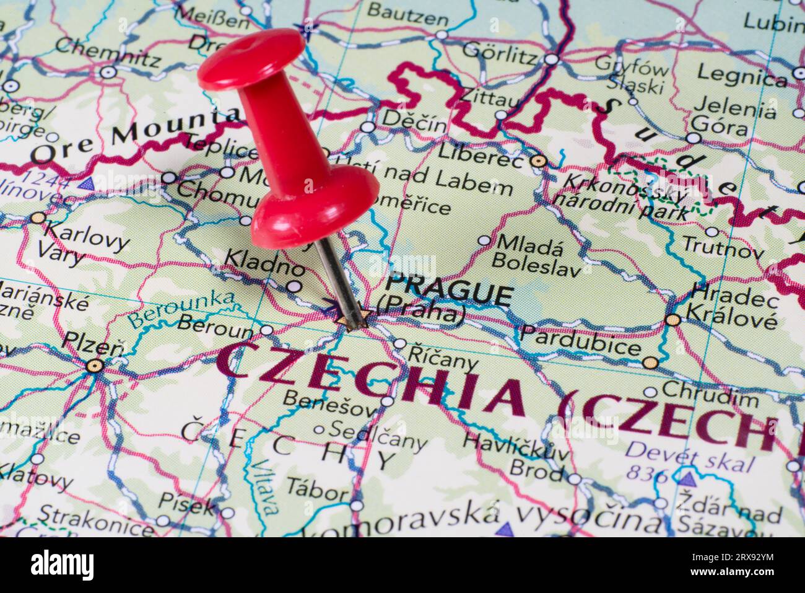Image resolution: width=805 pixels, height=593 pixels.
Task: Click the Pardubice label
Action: coord(580,340)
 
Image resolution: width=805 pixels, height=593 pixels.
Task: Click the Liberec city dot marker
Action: coord(539,161)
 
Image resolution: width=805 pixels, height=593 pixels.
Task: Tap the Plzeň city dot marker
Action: coord(94,366)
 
